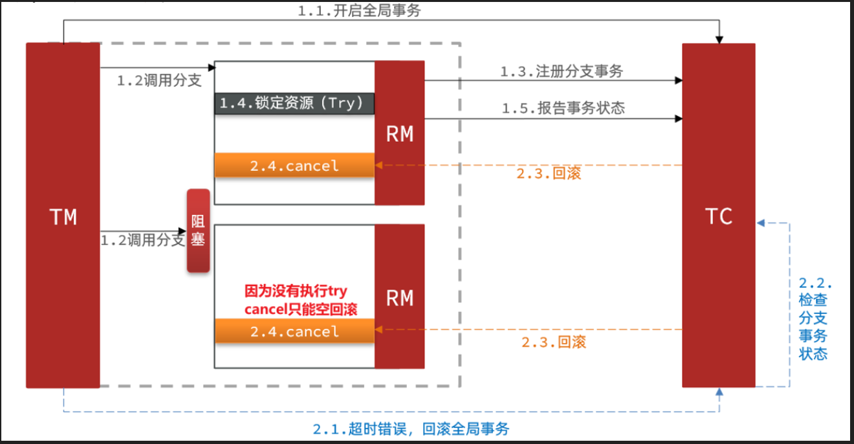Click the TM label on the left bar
click(x=63, y=217)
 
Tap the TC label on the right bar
click(x=719, y=216)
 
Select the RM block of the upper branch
click(x=399, y=134)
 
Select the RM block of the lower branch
click(x=399, y=298)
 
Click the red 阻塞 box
click(x=198, y=230)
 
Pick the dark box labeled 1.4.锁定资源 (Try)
click(x=294, y=104)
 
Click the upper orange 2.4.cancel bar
click(x=294, y=166)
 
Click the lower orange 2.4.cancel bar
click(x=294, y=331)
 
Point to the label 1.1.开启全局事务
click(x=358, y=11)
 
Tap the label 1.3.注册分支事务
click(x=561, y=72)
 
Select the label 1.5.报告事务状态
click(x=563, y=108)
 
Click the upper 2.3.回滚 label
click(x=549, y=174)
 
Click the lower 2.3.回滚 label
click(x=554, y=342)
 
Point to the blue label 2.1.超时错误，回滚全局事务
click(x=411, y=429)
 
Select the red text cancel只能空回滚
click(x=301, y=309)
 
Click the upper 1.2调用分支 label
click(x=159, y=81)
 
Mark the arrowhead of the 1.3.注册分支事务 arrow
click(x=679, y=80)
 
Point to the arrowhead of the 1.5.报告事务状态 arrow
click(x=679, y=118)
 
